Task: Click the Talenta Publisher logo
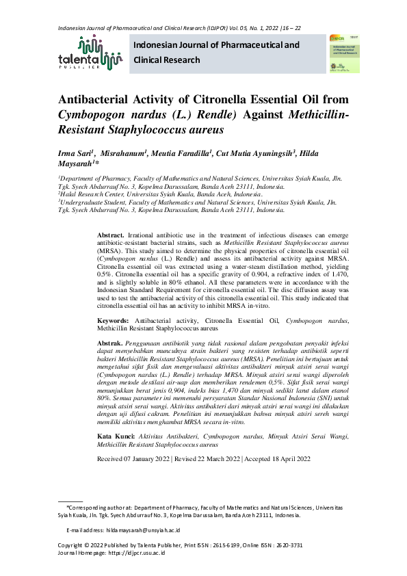pos(90,53)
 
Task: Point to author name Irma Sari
pos(75,154)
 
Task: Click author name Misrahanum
pos(122,154)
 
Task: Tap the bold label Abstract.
pos(112,235)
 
